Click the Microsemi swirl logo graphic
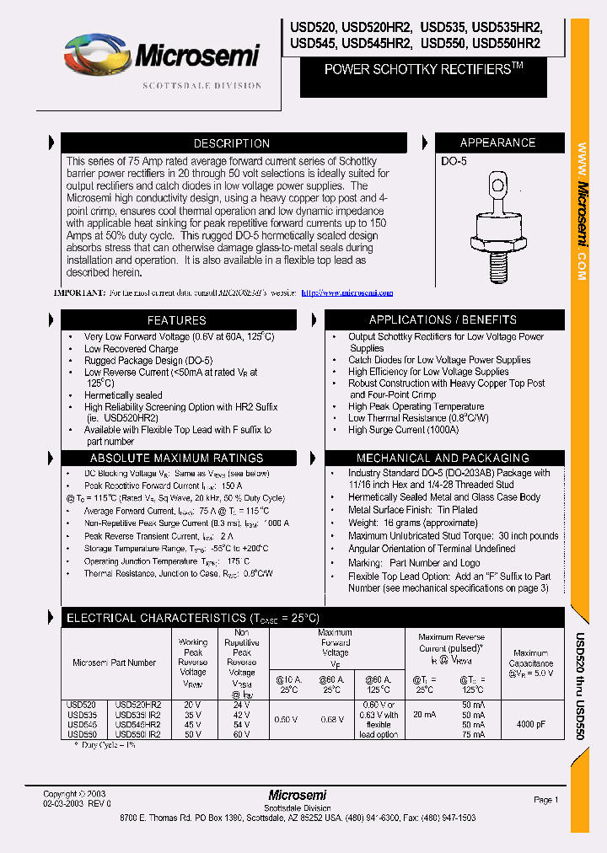[98, 55]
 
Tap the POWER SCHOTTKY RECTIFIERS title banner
[424, 70]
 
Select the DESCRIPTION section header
[231, 143]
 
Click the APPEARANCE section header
[497, 143]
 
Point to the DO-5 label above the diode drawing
[454, 161]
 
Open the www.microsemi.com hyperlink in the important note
[346, 293]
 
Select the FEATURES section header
[176, 320]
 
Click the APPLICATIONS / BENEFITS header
[443, 320]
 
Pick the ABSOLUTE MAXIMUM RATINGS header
[176, 458]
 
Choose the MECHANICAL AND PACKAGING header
[443, 458]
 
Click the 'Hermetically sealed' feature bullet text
[123, 395]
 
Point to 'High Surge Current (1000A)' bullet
[403, 430]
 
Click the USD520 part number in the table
[82, 705]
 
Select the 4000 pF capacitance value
[530, 724]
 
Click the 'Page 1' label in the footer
[545, 799]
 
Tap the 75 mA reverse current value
[473, 734]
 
